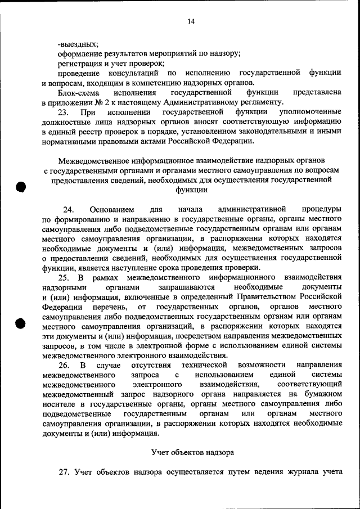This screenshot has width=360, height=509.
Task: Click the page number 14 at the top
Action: click(x=191, y=22)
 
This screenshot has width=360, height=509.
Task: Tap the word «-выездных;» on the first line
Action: click(x=78, y=44)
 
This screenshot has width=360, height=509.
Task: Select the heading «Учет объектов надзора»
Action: click(x=191, y=452)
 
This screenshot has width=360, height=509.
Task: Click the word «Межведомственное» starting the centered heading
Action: click(x=93, y=160)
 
